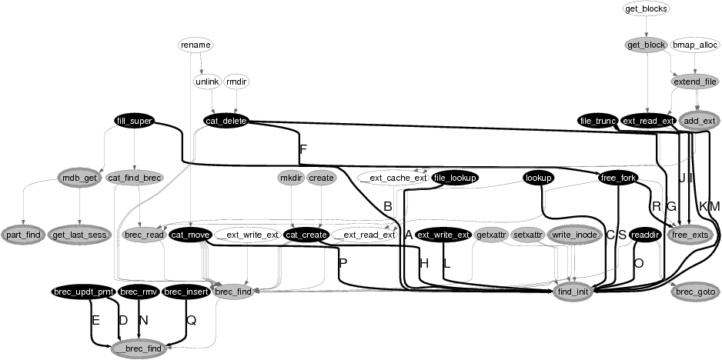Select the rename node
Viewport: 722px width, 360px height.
click(195, 45)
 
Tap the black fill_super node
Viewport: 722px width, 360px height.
click(134, 121)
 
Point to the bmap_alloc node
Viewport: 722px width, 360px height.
click(696, 45)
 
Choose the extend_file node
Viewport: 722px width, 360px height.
click(695, 82)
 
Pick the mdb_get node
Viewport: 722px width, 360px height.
click(79, 178)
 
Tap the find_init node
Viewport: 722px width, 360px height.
click(575, 292)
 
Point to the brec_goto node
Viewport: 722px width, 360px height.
click(695, 292)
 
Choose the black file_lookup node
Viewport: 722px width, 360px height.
click(455, 178)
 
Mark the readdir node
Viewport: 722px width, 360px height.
click(645, 234)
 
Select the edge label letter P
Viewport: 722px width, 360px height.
click(343, 263)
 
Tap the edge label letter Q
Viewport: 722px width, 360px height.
click(192, 321)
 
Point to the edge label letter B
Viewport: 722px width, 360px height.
click(387, 206)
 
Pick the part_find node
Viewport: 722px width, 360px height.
click(24, 233)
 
